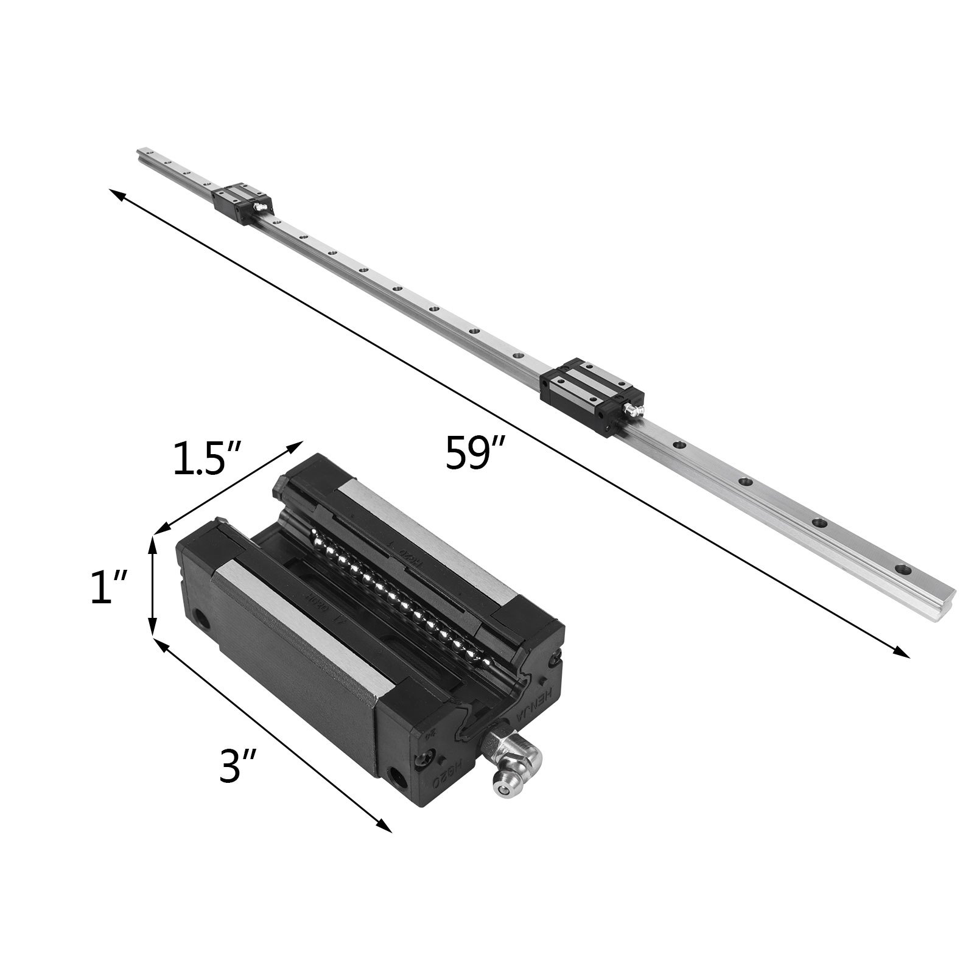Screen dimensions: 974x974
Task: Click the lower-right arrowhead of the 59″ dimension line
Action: pos(904,654)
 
